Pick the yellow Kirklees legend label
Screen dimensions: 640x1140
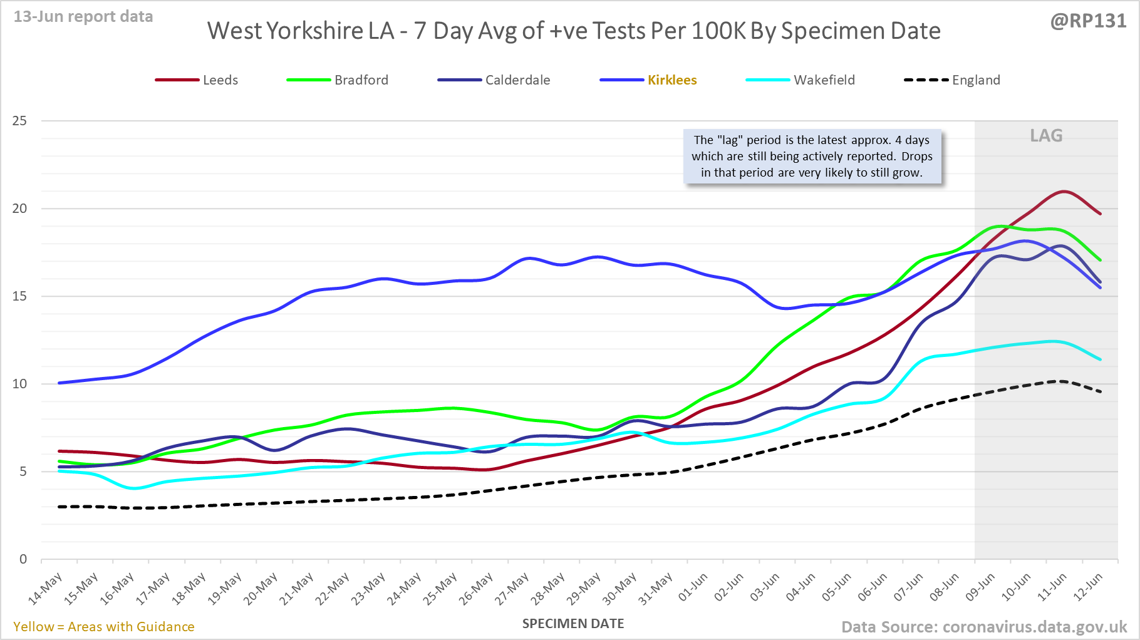coord(672,80)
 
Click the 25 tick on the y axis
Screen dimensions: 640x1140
coord(20,121)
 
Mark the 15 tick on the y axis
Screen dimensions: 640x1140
coord(20,296)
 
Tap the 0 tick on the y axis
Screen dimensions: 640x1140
coord(24,559)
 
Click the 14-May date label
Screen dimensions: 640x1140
coord(46,589)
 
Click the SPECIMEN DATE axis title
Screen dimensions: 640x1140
coord(573,624)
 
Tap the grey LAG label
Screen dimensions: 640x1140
coord(1046,136)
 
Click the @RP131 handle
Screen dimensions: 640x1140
coord(1088,21)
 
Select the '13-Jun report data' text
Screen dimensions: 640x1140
coord(83,17)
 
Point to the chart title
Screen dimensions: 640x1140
coord(574,31)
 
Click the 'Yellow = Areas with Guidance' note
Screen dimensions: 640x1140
coord(104,627)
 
